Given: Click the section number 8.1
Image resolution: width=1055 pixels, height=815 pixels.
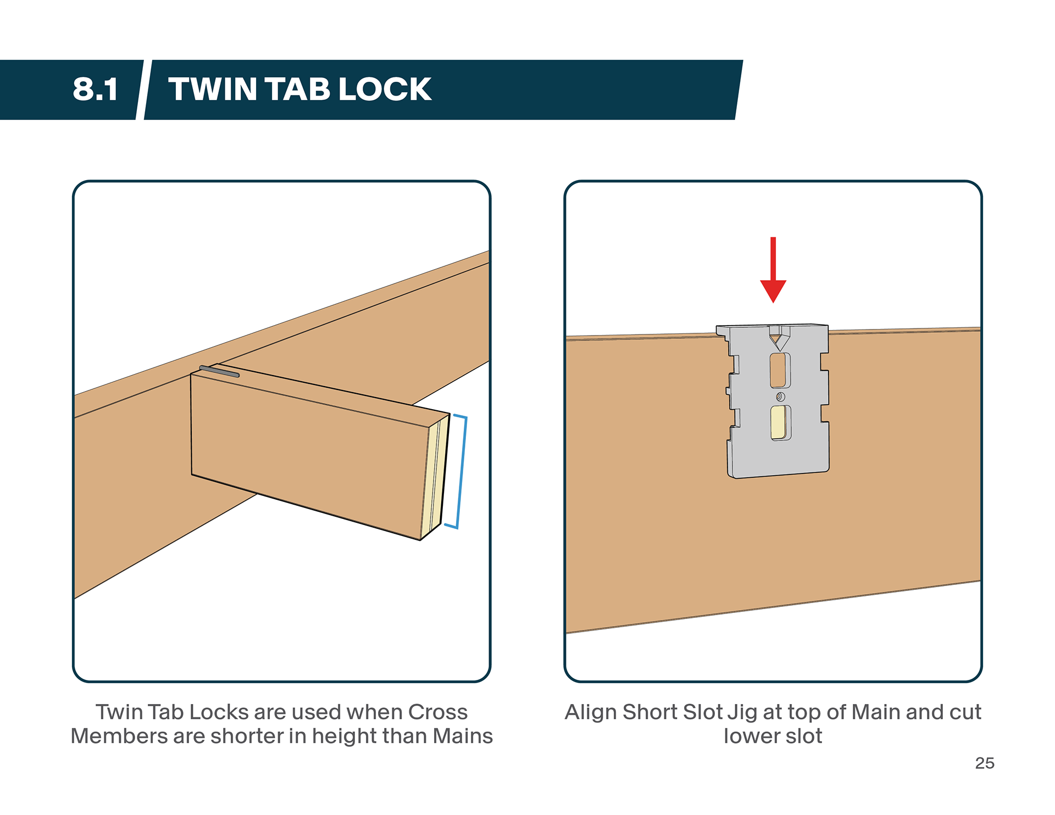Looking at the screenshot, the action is pyautogui.click(x=95, y=89).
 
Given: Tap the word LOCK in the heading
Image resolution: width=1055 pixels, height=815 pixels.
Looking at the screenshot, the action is pyautogui.click(x=385, y=89).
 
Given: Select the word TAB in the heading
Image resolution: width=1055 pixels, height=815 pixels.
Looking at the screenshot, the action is pyautogui.click(x=297, y=89).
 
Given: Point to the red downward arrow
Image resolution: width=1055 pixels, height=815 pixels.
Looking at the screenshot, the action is pyautogui.click(x=773, y=272).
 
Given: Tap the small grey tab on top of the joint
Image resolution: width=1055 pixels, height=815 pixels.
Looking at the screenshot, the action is pyautogui.click(x=219, y=371).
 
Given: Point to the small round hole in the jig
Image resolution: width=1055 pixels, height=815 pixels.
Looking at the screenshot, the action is pyautogui.click(x=780, y=397).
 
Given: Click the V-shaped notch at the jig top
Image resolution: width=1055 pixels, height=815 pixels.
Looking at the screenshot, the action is pyautogui.click(x=779, y=339).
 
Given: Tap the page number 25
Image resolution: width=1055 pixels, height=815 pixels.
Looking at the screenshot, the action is pyautogui.click(x=985, y=763).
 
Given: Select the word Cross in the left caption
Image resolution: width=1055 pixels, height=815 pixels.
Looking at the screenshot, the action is pyautogui.click(x=438, y=712).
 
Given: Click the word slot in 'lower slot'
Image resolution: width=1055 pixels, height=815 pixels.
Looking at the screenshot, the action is pyautogui.click(x=803, y=736).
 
